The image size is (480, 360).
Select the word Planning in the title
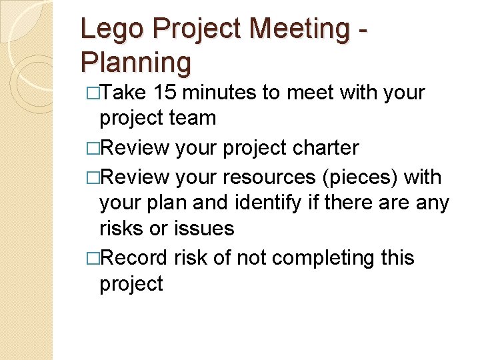tap(135, 62)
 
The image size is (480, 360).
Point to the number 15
tap(165, 93)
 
